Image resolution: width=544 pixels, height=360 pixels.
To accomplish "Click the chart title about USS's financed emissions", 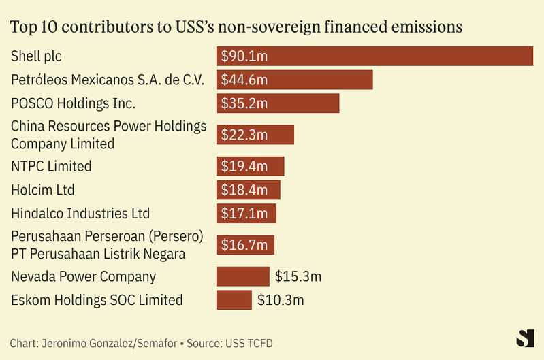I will coord(237,27).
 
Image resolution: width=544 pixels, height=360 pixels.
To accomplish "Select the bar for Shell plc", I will coord(374,56).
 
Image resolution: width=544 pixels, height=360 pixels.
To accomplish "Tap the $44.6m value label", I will coord(244,80).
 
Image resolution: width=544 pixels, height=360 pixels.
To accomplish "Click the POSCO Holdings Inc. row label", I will coord(74,103).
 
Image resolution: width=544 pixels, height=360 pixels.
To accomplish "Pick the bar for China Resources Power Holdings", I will coord(255,135).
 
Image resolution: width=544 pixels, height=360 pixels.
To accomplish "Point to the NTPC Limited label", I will coord(51,166).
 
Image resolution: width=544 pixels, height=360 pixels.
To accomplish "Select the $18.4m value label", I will coord(244,190).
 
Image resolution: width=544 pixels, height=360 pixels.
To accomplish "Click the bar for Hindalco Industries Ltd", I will coord(246,214).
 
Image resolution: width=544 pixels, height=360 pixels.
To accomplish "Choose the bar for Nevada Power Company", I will coord(242,276).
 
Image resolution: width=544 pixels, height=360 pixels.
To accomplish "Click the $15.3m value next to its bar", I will coord(298,276).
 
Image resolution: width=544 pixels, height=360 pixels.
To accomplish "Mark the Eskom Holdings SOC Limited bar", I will coord(234,300).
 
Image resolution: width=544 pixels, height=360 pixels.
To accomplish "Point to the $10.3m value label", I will coord(281,300).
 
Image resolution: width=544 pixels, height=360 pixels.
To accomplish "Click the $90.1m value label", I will coord(244,56).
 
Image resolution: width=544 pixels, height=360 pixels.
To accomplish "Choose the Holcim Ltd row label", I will coord(43,190).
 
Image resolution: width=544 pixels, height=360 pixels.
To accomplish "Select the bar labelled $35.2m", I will coord(278,103).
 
